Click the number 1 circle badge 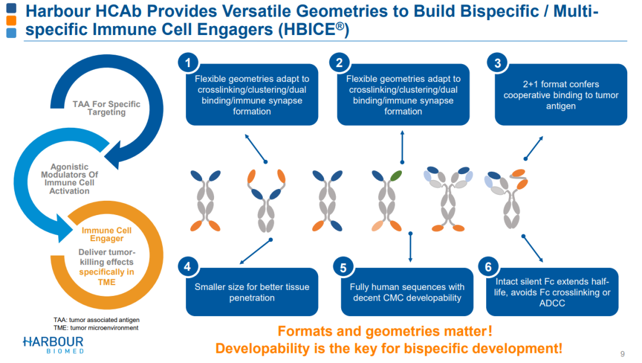[x=188, y=62]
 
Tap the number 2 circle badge [x=339, y=62]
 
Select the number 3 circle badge [x=498, y=62]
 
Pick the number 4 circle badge [x=188, y=266]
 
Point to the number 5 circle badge [x=343, y=267]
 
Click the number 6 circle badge [x=489, y=266]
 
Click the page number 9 [x=622, y=354]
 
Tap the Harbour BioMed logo [x=53, y=345]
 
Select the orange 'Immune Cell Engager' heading [x=107, y=234]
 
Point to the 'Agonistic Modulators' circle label [x=70, y=179]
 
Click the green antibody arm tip [x=395, y=176]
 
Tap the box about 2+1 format [x=561, y=95]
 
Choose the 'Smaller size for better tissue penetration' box [x=252, y=292]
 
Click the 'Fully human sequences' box [x=407, y=292]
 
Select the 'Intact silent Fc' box [x=552, y=292]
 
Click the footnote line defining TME [x=96, y=327]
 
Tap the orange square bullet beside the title [x=12, y=21]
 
